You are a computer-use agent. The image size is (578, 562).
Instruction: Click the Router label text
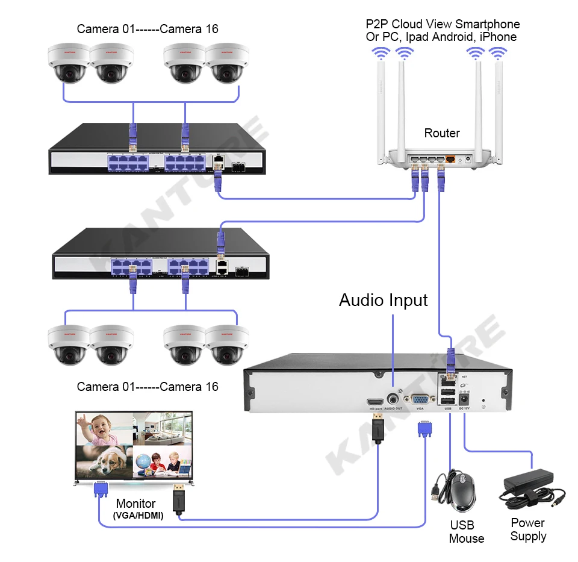click(x=441, y=133)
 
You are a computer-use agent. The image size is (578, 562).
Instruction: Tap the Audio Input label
click(x=383, y=300)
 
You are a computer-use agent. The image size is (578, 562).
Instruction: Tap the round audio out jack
click(x=394, y=398)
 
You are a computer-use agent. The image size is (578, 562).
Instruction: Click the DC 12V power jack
click(x=464, y=398)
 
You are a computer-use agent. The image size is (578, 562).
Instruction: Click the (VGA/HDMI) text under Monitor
click(x=138, y=516)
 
